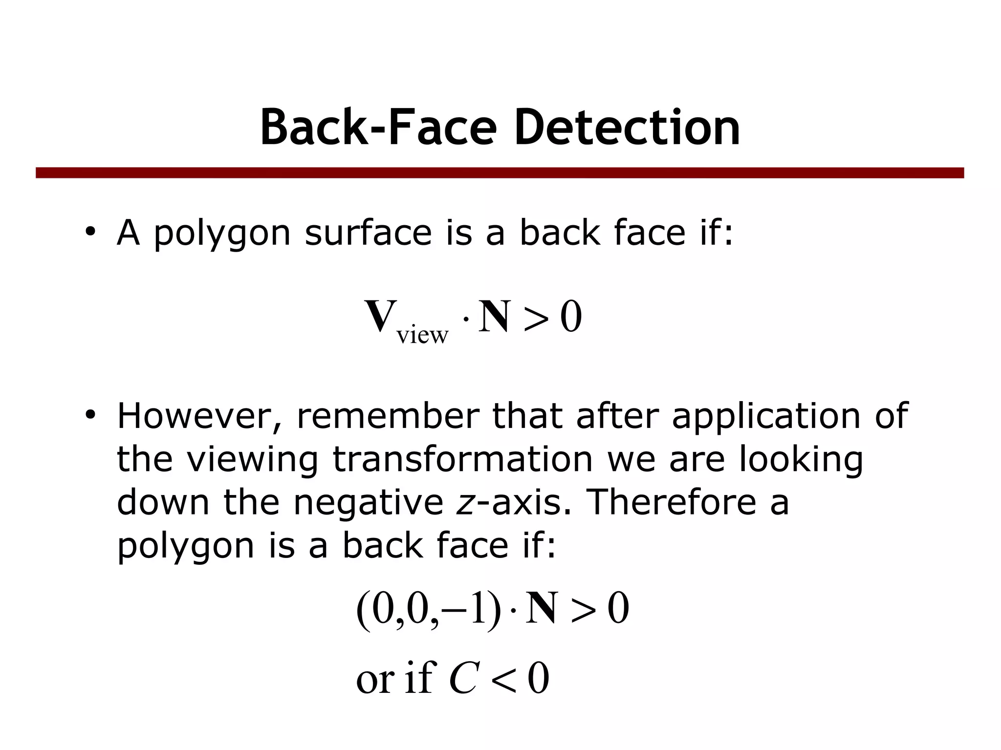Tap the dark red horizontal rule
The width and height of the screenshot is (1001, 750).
(x=500, y=173)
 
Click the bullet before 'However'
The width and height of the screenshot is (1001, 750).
(x=89, y=415)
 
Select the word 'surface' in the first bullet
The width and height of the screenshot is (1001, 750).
(x=368, y=233)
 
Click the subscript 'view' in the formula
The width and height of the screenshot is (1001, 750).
(x=422, y=335)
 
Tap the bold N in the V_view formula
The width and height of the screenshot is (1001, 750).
(x=495, y=317)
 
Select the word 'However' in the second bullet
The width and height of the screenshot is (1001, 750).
(x=199, y=416)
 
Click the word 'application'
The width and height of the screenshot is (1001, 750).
(x=765, y=416)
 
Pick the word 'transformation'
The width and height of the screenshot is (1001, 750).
(x=462, y=459)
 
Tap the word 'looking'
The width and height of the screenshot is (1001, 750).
(x=801, y=459)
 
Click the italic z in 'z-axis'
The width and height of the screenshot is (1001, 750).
(x=465, y=503)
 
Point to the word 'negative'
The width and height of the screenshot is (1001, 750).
(x=368, y=503)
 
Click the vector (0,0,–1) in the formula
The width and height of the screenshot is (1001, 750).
(x=429, y=609)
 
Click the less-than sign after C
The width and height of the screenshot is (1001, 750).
(x=503, y=679)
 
